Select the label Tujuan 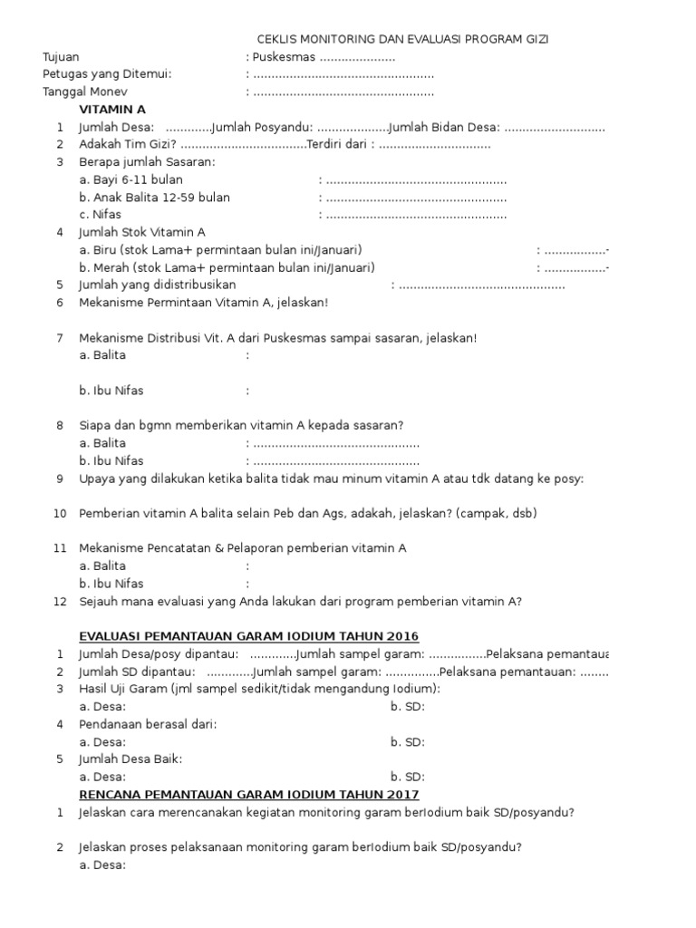(x=61, y=57)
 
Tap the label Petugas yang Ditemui (x=107, y=74)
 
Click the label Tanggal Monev (x=85, y=92)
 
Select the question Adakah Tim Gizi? (x=128, y=144)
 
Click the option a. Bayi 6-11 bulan (x=130, y=179)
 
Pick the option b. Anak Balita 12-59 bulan (x=154, y=197)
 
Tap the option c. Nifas (x=100, y=215)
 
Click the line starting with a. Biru (x=221, y=250)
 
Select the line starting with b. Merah (x=227, y=267)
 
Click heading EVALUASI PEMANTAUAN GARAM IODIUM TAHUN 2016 (x=249, y=636)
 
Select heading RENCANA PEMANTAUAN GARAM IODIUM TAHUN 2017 (x=249, y=795)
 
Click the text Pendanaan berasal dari (x=148, y=724)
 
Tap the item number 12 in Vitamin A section (x=60, y=601)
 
